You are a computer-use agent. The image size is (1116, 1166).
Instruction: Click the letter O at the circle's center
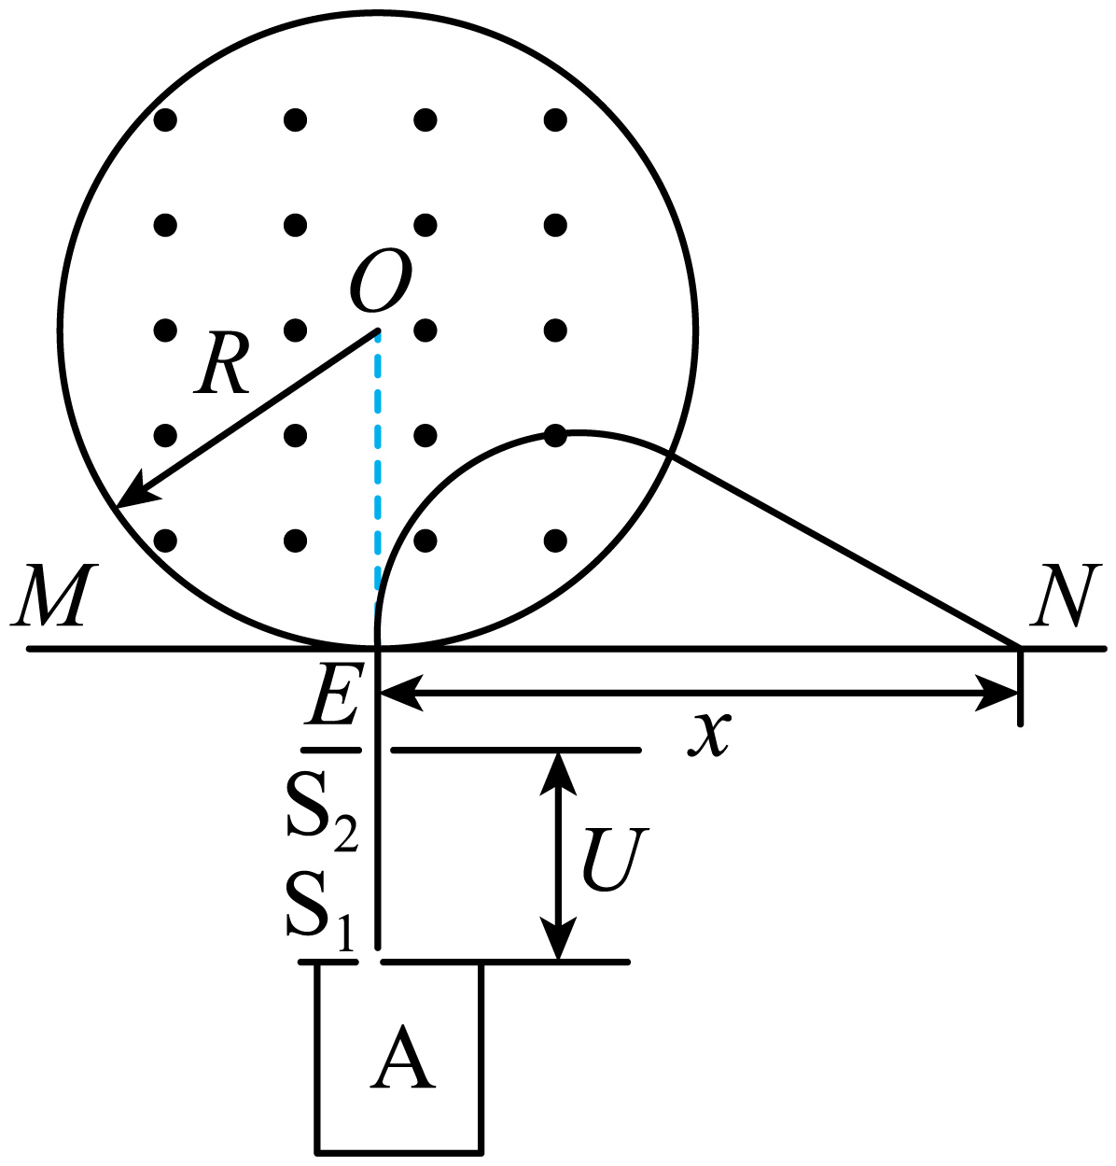(x=381, y=280)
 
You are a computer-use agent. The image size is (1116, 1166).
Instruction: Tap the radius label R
(x=222, y=364)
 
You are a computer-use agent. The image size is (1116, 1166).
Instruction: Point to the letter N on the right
(x=1067, y=595)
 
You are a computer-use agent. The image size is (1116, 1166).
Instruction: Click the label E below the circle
(x=334, y=694)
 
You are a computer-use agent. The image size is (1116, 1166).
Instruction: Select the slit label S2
(x=322, y=812)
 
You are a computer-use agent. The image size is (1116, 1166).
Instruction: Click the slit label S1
(x=321, y=912)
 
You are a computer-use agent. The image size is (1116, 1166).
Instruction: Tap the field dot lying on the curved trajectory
(x=555, y=436)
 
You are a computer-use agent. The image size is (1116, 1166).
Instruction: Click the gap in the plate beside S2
(x=376, y=751)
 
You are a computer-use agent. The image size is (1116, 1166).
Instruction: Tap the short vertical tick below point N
(x=1020, y=687)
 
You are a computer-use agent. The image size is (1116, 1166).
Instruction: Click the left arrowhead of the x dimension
(x=400, y=694)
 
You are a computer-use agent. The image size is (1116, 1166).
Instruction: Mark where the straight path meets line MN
(x=1017, y=647)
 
